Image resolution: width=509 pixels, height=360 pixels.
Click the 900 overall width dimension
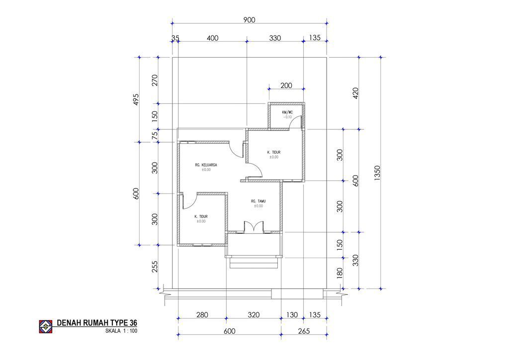pyautogui.click(x=249, y=20)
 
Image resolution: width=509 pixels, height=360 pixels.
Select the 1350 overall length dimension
pyautogui.click(x=377, y=173)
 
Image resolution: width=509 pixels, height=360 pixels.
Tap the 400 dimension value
pyautogui.click(x=212, y=38)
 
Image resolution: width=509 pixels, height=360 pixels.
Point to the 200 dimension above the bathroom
pyautogui.click(x=286, y=86)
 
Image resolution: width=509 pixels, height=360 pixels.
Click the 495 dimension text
pyautogui.click(x=136, y=99)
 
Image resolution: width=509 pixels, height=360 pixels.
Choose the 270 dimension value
pyautogui.click(x=155, y=80)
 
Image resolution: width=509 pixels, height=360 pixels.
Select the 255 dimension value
pyautogui.click(x=155, y=267)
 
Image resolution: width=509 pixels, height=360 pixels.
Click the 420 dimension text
pyautogui.click(x=355, y=93)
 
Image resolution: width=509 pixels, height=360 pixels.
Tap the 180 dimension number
pyautogui.click(x=339, y=273)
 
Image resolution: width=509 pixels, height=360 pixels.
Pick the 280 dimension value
pyautogui.click(x=202, y=315)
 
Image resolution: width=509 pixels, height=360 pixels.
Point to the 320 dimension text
pyautogui.click(x=254, y=315)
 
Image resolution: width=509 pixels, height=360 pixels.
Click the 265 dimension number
pyautogui.click(x=304, y=331)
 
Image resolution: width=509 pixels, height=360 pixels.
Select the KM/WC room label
pyautogui.click(x=287, y=112)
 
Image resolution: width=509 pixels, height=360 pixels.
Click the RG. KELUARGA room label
pyautogui.click(x=206, y=165)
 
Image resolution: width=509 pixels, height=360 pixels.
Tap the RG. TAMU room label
pyautogui.click(x=258, y=201)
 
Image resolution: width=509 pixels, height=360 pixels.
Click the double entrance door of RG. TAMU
pyautogui.click(x=254, y=227)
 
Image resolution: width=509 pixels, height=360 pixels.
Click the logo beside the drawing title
pyautogui.click(x=46, y=327)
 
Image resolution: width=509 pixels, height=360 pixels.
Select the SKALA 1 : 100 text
pyautogui.click(x=121, y=331)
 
